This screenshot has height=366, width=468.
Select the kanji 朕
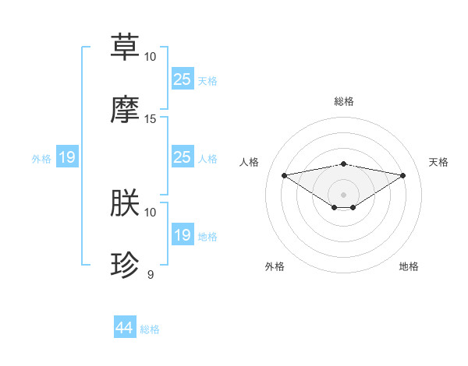[126, 202]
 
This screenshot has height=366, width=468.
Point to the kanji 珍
[126, 265]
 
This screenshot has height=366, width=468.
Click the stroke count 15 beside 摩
[151, 118]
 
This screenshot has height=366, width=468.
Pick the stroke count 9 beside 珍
[151, 274]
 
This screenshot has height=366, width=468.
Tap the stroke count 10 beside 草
[151, 56]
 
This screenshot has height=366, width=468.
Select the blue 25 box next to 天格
[182, 79]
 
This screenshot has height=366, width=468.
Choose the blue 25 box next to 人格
[182, 157]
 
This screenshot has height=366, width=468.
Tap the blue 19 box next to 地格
[182, 235]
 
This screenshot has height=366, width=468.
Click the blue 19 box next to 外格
[66, 158]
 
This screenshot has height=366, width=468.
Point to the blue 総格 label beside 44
[150, 329]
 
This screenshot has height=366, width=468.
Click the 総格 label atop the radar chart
[343, 101]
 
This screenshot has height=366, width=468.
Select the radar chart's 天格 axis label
[439, 162]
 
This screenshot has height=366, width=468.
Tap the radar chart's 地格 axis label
[409, 266]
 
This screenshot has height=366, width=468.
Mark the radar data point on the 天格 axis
[403, 175]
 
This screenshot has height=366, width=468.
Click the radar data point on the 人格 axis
[284, 175]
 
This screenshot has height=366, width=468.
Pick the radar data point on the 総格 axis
[343, 164]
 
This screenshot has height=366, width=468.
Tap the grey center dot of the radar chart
[343, 195]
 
